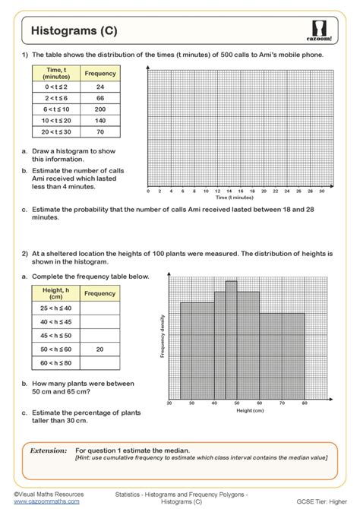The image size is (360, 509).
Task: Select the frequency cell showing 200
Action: click(x=99, y=109)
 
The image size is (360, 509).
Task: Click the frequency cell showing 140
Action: click(x=99, y=120)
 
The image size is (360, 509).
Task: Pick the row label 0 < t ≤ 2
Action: click(x=57, y=87)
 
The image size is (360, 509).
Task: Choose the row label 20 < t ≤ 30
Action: click(x=57, y=131)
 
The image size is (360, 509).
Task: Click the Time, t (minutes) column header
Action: click(x=57, y=74)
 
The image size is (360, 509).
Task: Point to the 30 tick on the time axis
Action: click(x=321, y=191)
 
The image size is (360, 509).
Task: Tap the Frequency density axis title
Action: click(x=163, y=337)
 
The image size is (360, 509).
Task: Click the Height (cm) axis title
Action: click(x=248, y=410)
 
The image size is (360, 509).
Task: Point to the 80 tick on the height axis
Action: click(x=304, y=403)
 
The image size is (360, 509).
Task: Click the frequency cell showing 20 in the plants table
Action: click(x=99, y=349)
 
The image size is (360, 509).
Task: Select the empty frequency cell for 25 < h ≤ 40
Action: click(x=99, y=308)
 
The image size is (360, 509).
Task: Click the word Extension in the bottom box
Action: click(x=49, y=451)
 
